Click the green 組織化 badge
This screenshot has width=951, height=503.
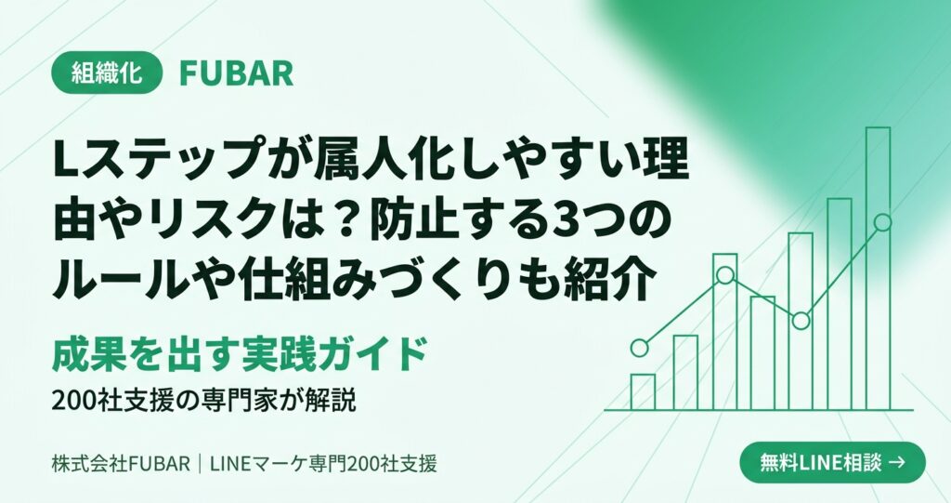coord(107,73)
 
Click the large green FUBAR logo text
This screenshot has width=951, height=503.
coord(237,74)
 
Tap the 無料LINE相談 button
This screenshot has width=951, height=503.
coord(833,463)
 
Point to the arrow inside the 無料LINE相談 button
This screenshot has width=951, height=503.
coord(896,463)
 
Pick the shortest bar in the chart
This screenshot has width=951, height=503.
coord(643,392)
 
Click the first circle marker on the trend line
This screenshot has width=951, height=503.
coord(639,348)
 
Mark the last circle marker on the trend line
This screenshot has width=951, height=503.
coord(883,222)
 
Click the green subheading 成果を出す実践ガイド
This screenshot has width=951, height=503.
coord(241,354)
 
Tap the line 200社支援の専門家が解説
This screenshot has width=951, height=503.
coord(203,401)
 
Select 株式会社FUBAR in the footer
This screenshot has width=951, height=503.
coord(122,464)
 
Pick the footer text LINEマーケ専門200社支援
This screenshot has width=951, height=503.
coord(323,464)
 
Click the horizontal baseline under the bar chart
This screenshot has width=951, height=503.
coord(759,411)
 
